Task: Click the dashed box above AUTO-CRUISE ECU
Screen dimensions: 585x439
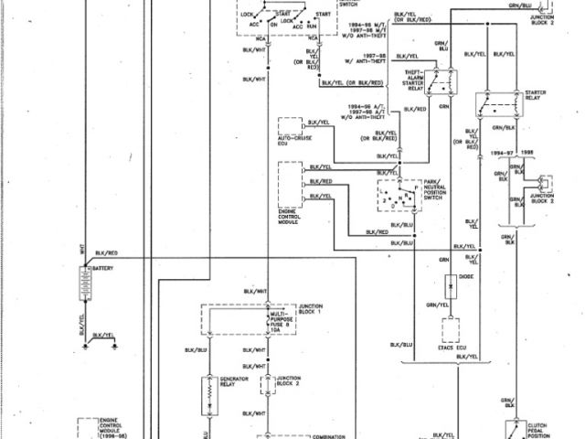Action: [x=290, y=129]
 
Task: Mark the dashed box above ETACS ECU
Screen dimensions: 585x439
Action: [x=452, y=328]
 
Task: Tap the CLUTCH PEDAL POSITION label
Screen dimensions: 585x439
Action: [x=543, y=430]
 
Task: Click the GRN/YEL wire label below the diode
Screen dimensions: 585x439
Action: [x=439, y=304]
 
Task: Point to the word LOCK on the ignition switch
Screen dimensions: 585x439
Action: [x=247, y=16]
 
